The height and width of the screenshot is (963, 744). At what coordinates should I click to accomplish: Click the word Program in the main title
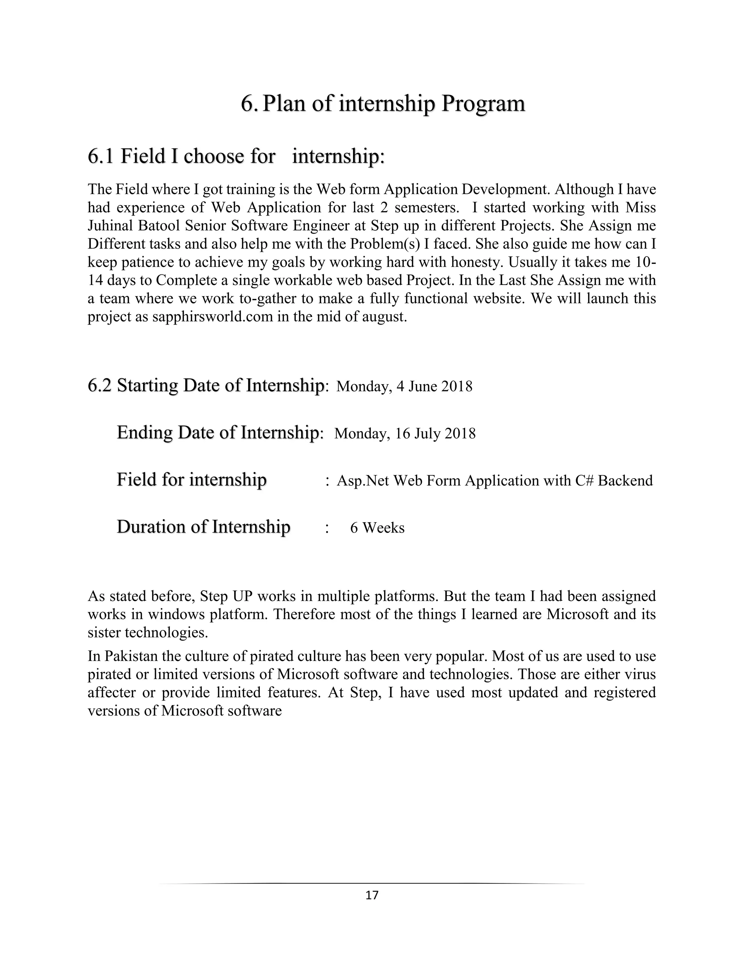click(x=483, y=104)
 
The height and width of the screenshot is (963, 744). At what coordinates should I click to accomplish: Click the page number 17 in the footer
click(x=372, y=895)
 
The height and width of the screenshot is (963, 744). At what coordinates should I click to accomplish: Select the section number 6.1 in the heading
click(x=101, y=157)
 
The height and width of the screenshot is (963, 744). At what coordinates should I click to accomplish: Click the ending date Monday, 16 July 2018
click(x=405, y=434)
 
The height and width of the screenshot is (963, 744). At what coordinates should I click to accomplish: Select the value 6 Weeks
click(x=377, y=528)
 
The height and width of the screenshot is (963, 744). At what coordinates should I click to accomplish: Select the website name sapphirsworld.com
click(x=213, y=317)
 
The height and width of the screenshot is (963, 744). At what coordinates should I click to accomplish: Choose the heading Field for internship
click(x=191, y=480)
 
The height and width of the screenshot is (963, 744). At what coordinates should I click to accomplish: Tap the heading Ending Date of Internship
click(x=219, y=432)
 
